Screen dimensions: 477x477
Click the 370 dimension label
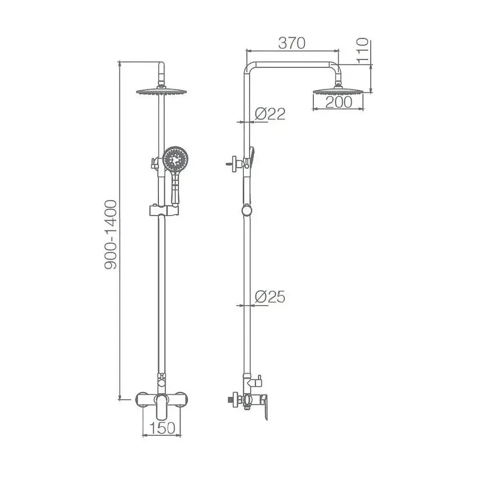292,43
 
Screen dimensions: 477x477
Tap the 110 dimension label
363,51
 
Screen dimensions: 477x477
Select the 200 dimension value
339,102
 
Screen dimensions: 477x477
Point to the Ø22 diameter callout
270,114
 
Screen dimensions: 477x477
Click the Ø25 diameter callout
270,297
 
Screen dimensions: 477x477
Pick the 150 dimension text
162,428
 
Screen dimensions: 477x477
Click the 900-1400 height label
111,235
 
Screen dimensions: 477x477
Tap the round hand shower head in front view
175,159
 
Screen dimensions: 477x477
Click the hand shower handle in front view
176,187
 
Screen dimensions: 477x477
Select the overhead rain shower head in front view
161,92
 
